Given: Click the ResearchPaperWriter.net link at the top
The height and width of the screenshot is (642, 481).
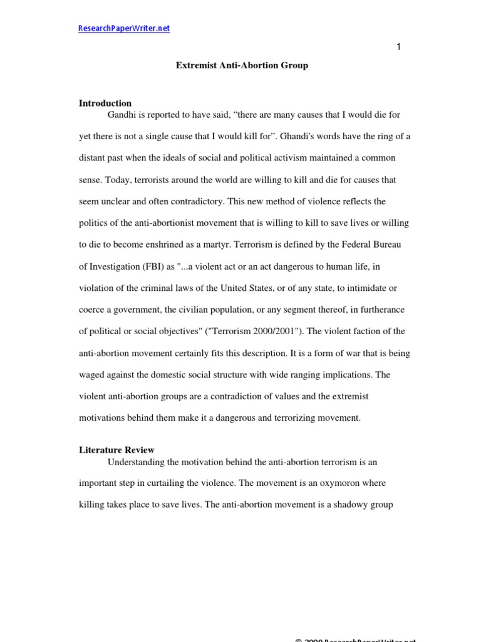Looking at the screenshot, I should pyautogui.click(x=124, y=28).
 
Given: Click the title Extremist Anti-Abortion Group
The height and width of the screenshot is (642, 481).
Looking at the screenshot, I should pyautogui.click(x=241, y=65).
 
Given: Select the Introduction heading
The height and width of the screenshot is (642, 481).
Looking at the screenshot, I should pyautogui.click(x=105, y=103).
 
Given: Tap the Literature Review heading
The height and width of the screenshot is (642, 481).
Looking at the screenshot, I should pyautogui.click(x=116, y=450).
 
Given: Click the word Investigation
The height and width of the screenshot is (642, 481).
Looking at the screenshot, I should pyautogui.click(x=118, y=266).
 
